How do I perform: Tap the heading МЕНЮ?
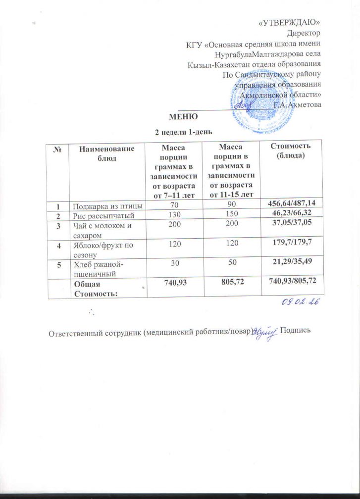pyautogui.click(x=183, y=117)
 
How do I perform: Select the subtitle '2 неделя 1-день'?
pyautogui.click(x=184, y=132)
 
